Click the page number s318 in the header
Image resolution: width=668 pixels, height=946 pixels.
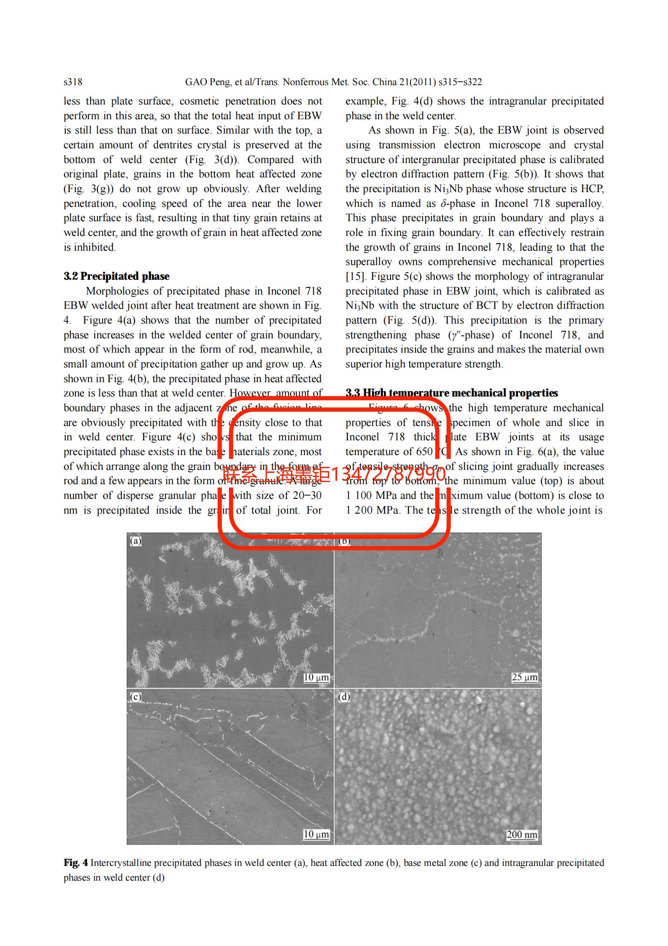(x=73, y=82)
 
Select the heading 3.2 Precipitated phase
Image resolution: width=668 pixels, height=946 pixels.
(x=117, y=276)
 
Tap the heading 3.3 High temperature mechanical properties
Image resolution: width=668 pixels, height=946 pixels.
(x=452, y=393)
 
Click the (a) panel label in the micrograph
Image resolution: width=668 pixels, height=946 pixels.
(x=136, y=541)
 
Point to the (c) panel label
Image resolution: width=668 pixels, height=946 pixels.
(x=136, y=697)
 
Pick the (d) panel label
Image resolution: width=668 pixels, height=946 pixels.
(x=344, y=697)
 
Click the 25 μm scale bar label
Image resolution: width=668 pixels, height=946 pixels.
(x=524, y=677)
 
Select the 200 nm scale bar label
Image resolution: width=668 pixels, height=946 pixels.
(x=522, y=834)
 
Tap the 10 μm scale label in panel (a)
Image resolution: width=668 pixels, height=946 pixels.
(x=316, y=677)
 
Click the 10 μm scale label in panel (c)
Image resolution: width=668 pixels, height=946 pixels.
(x=316, y=834)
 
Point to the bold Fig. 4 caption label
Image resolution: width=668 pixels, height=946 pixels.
(x=76, y=863)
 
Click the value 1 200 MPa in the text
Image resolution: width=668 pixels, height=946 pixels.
(x=372, y=510)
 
